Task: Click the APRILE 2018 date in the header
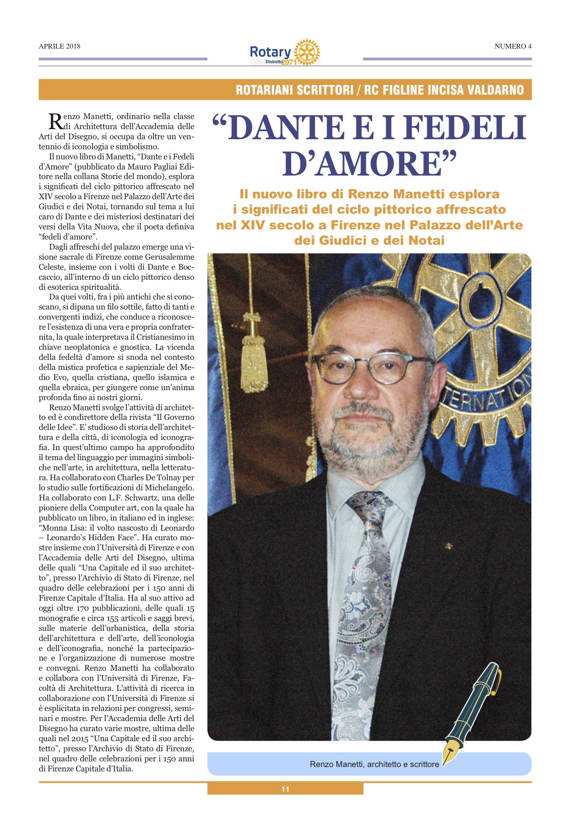click(59, 46)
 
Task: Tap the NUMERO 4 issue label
click(513, 46)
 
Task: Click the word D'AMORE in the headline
click(369, 164)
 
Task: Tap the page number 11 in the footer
click(285, 789)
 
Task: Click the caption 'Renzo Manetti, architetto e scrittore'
click(374, 764)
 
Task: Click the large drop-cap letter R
click(55, 121)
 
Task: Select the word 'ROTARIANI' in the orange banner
click(265, 90)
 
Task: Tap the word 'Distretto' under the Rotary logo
click(273, 62)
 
